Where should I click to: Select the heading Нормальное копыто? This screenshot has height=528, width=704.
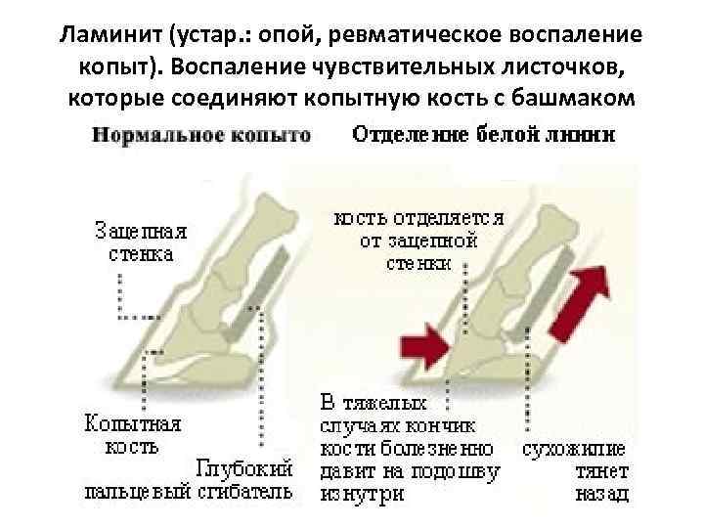pyautogui.click(x=201, y=135)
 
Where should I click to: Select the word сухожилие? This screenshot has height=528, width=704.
pyautogui.click(x=574, y=451)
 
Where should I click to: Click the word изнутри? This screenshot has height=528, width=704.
pyautogui.click(x=361, y=494)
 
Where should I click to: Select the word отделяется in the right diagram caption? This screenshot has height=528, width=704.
pyautogui.click(x=451, y=220)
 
